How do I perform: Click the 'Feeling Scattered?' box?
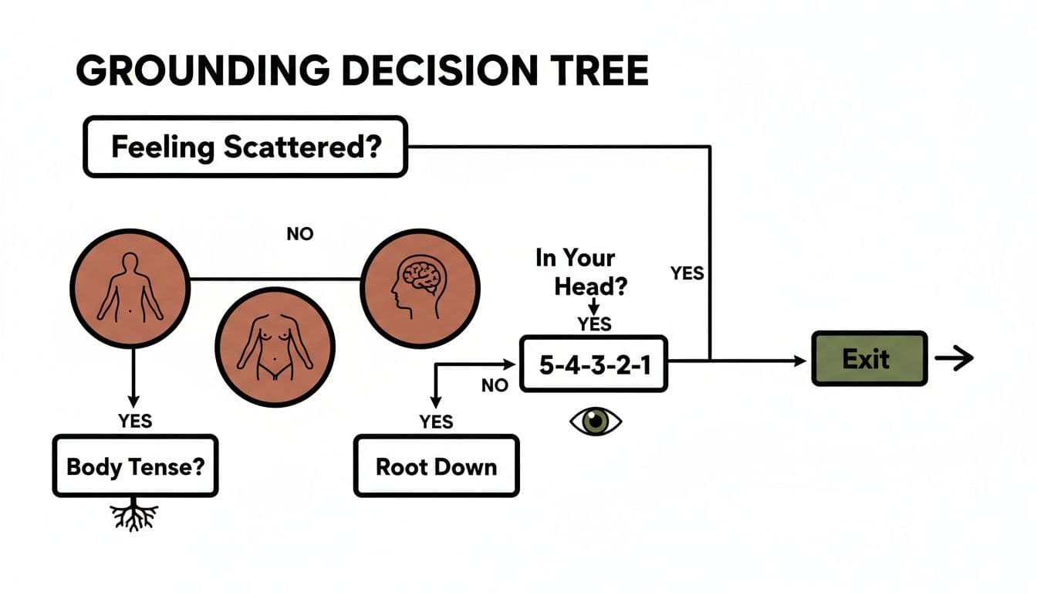click(245, 147)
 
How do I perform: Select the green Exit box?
click(869, 359)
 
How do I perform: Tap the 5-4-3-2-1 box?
click(593, 364)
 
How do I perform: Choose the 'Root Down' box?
click(436, 466)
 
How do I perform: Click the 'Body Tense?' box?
click(135, 466)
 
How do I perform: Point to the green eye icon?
click(595, 421)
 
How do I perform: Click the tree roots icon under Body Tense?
click(134, 516)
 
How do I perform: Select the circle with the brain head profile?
click(421, 286)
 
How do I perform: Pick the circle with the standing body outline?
click(130, 286)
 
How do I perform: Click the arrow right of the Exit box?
click(954, 359)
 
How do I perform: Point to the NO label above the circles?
click(299, 233)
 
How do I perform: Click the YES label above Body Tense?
click(134, 421)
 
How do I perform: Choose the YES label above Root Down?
click(436, 421)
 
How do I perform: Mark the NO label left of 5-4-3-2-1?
click(495, 385)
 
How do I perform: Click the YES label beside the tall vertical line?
click(687, 273)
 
